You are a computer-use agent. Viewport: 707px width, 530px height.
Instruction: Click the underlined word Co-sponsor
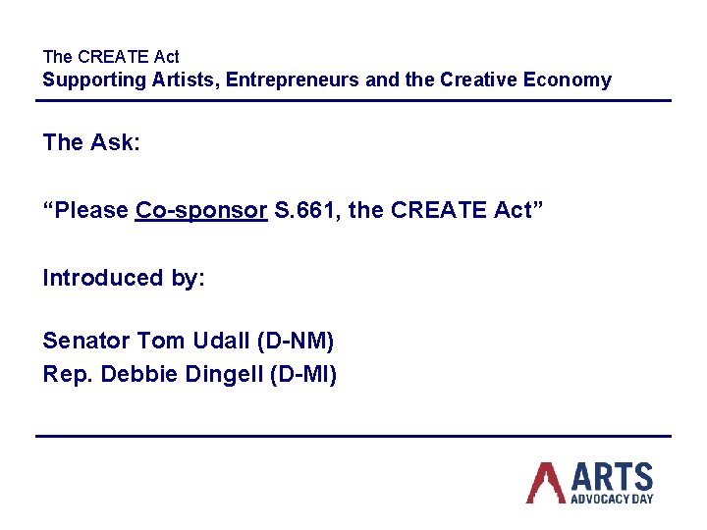(x=201, y=211)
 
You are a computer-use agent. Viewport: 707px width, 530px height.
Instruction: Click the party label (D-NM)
(x=295, y=342)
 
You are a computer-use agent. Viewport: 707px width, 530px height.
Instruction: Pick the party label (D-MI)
(x=302, y=375)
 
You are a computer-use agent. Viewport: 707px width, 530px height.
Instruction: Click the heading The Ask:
(x=92, y=143)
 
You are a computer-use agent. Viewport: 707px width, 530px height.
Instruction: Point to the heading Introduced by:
(x=124, y=279)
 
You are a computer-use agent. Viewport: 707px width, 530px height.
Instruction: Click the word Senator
(x=86, y=342)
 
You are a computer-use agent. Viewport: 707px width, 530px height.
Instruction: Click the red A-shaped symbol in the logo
(x=546, y=482)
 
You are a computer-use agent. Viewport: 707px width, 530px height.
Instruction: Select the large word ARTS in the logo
(x=611, y=477)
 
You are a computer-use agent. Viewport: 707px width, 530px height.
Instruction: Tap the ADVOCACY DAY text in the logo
(x=612, y=499)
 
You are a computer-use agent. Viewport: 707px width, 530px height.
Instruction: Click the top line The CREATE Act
(x=111, y=57)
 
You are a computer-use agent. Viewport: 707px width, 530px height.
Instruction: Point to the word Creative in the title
(x=478, y=80)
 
